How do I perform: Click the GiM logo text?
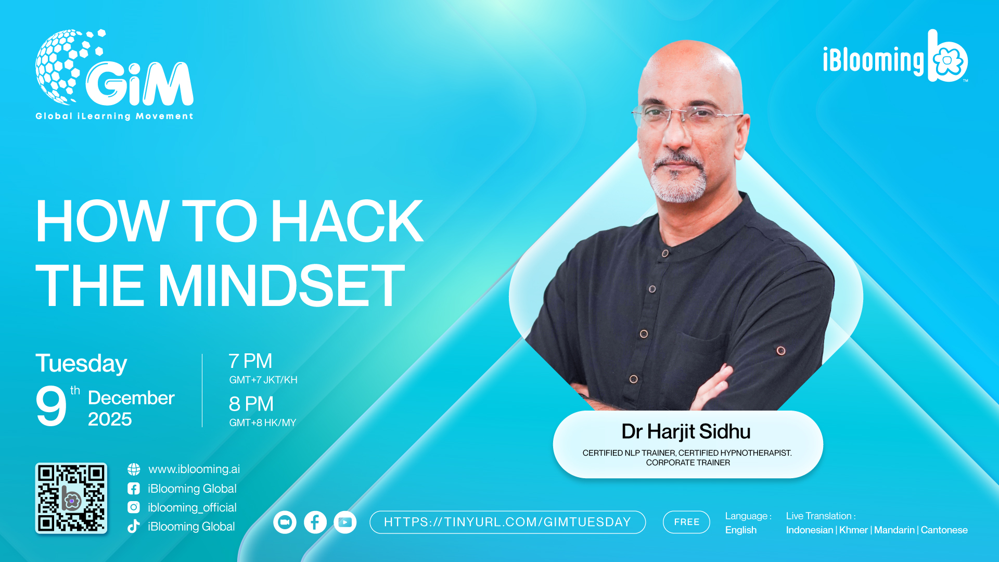coord(139,84)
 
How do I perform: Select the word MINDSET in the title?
coord(281,285)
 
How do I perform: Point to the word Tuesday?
coord(81,363)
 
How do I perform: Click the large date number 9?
coord(51,406)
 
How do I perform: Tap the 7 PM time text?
coord(250,361)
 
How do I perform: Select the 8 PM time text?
coord(251,404)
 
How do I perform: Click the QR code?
coord(71,498)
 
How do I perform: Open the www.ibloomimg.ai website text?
coord(194,469)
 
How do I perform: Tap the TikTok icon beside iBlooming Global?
coord(134,526)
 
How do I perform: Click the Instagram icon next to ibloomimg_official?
coord(134,507)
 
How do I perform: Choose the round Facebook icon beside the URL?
coord(315,522)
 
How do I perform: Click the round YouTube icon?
coord(345,522)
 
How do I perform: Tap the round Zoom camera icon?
coord(285,522)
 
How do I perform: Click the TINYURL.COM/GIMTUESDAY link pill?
coord(507,522)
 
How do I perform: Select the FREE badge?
coord(686,522)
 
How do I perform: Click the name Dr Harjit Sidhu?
coord(686,431)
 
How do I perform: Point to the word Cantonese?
coord(944,530)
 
